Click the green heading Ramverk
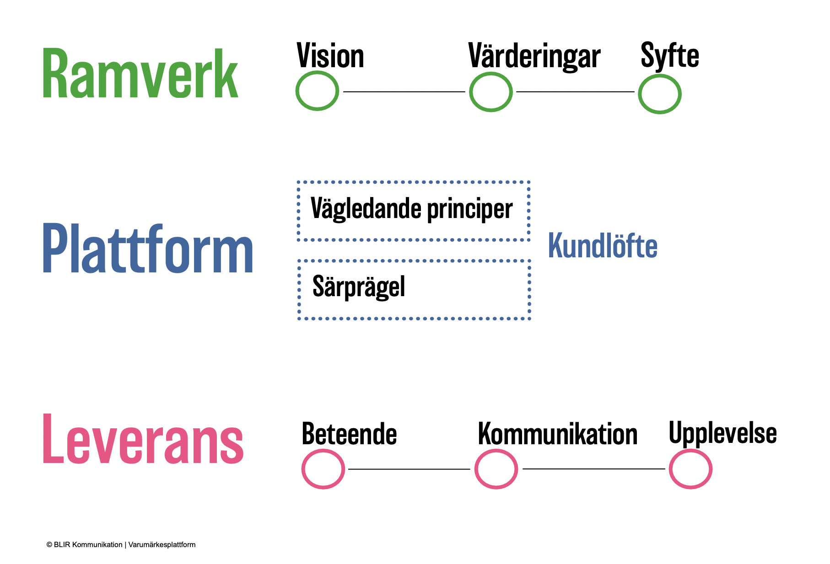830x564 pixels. (x=140, y=73)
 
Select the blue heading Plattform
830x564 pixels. (x=148, y=249)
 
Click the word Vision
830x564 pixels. (x=330, y=56)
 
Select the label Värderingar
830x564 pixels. (x=534, y=57)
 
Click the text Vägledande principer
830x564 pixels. (x=411, y=209)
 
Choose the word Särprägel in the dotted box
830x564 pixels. (x=359, y=287)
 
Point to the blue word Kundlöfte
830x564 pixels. (x=603, y=245)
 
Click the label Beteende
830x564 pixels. (x=349, y=434)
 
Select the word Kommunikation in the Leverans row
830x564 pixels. (x=558, y=434)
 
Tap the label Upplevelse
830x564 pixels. (x=723, y=433)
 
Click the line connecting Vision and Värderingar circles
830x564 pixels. (x=404, y=91)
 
